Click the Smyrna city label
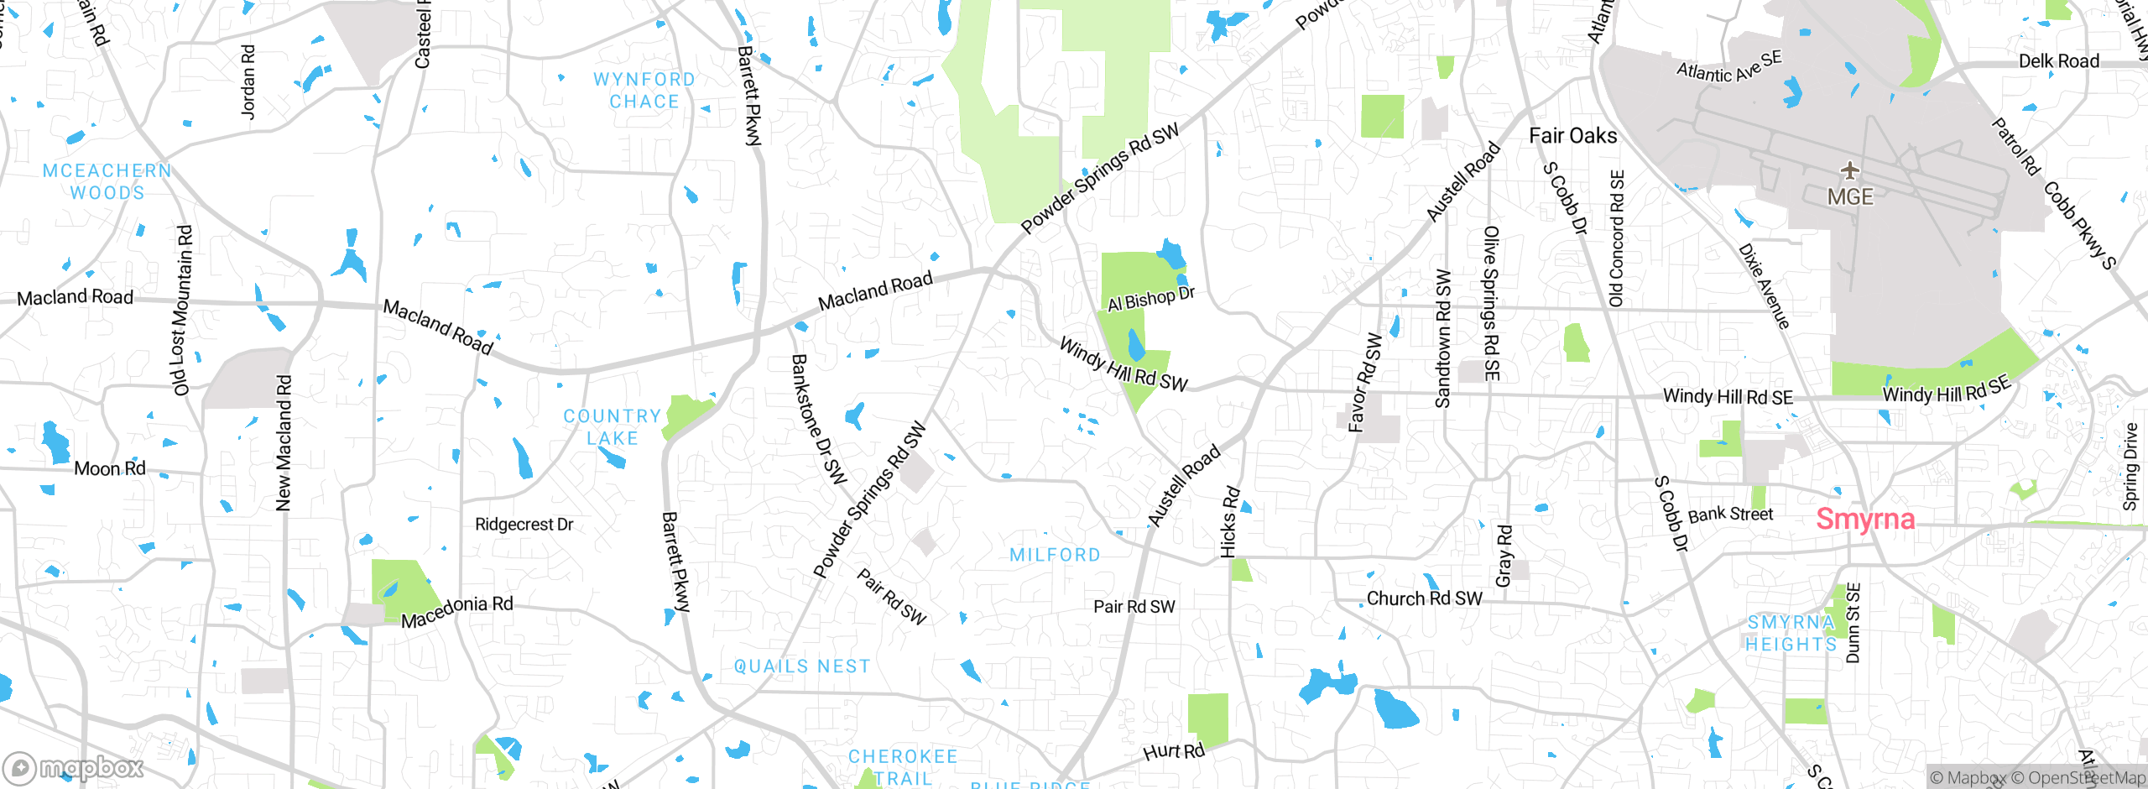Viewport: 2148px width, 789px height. pos(1864,520)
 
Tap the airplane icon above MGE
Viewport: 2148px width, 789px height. pos(1849,170)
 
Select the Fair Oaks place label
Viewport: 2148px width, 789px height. pos(1572,136)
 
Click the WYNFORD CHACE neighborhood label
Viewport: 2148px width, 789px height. pos(644,91)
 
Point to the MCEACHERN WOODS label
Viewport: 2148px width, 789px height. pos(107,181)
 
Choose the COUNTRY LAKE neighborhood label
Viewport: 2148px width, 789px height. pos(613,427)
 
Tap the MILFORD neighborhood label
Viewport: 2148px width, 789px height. pos(1055,555)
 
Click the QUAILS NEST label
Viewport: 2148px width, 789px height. pos(802,666)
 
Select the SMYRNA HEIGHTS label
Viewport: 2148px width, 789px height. pos(1791,633)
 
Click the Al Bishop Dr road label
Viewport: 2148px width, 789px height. pos(1150,299)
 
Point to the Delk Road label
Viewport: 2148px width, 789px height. pos(2058,61)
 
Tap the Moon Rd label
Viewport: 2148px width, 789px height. pos(110,468)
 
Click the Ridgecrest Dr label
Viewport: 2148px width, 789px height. pos(524,525)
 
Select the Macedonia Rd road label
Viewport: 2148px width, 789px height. pos(456,611)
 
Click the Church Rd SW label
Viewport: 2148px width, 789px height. pos(1424,598)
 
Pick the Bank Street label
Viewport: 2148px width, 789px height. pos(1730,515)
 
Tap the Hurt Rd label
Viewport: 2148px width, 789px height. pos(1173,751)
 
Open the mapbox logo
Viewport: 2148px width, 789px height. pos(74,767)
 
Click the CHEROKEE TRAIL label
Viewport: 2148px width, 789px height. pos(903,767)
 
